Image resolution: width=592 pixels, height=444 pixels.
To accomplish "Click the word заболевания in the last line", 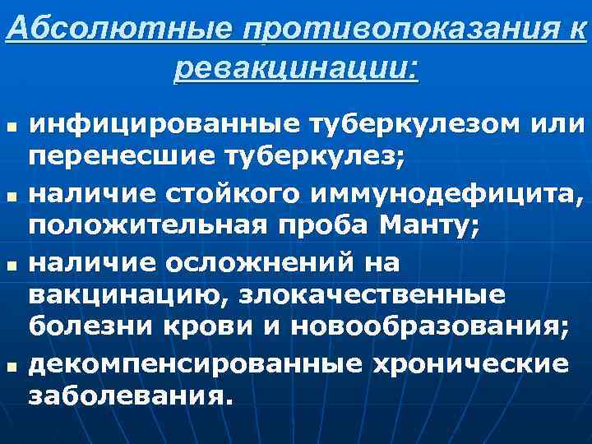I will (123, 396).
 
